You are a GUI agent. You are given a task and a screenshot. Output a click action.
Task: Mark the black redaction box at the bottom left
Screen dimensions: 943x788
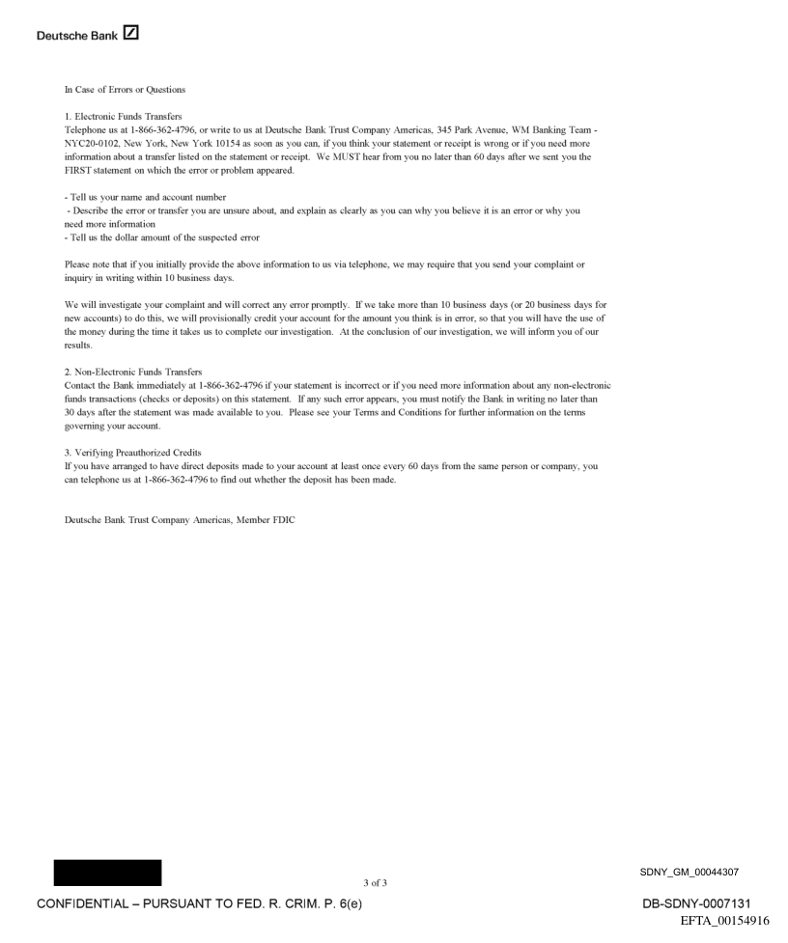click(x=108, y=873)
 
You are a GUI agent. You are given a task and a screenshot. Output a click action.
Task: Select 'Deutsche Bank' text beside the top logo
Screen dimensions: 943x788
click(x=77, y=37)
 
